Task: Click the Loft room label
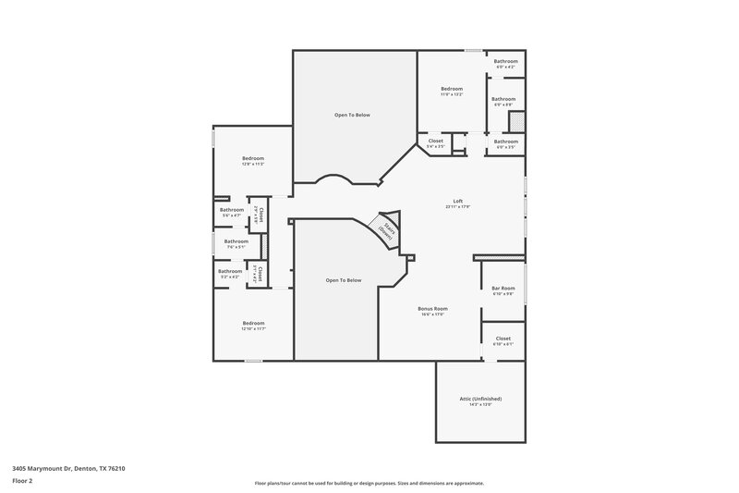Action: tap(457, 201)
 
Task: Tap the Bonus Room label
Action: tap(434, 308)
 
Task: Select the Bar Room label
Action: tap(503, 288)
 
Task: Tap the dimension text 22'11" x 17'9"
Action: tap(457, 207)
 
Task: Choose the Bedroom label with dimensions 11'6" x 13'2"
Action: tap(452, 88)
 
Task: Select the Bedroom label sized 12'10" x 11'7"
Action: tap(254, 323)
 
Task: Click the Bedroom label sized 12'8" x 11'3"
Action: tap(254, 158)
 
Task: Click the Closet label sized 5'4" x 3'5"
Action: tap(435, 141)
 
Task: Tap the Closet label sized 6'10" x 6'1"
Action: tap(503, 339)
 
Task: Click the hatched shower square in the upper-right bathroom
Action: tap(517, 121)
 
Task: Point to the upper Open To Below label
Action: tap(352, 115)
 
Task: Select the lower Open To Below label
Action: tap(343, 280)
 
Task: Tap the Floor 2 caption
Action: tap(23, 481)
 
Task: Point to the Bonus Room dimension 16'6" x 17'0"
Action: tap(434, 314)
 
